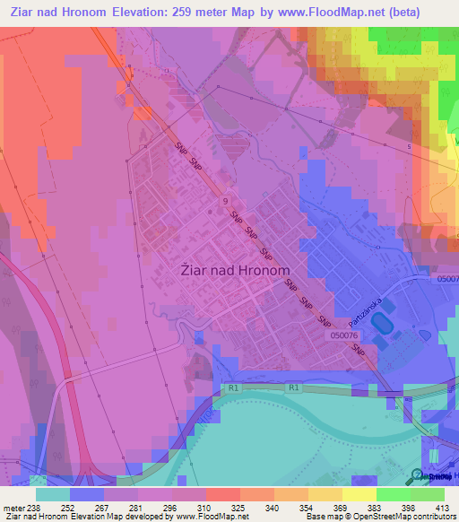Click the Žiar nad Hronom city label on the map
point(238,270)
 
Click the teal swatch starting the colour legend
point(53,494)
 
